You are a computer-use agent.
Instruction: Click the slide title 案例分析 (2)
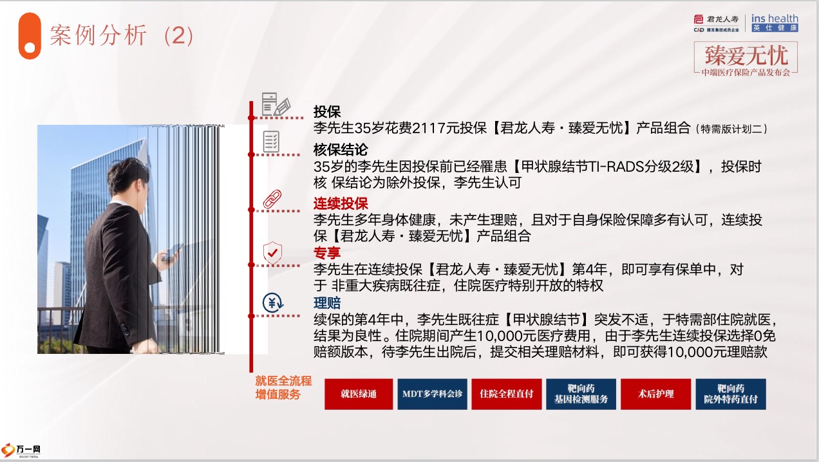pyautogui.click(x=122, y=35)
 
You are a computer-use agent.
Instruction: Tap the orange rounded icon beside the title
pyautogui.click(x=30, y=36)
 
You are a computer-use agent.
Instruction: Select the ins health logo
pyautogui.click(x=775, y=23)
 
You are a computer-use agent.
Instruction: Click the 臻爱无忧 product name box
pyautogui.click(x=746, y=59)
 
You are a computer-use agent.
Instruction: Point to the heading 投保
pyautogui.click(x=327, y=112)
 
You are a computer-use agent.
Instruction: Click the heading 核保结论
pyautogui.click(x=341, y=150)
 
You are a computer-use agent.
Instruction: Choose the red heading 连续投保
pyautogui.click(x=341, y=203)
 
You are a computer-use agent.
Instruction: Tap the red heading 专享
pyautogui.click(x=327, y=253)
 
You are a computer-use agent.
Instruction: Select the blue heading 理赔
pyautogui.click(x=327, y=303)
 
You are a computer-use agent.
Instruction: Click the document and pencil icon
pyautogui.click(x=276, y=104)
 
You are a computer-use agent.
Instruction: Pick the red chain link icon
pyautogui.click(x=272, y=199)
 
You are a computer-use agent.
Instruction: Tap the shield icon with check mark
pyautogui.click(x=272, y=253)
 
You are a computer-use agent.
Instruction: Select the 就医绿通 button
pyautogui.click(x=359, y=394)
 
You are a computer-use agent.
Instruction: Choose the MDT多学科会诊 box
pyautogui.click(x=433, y=394)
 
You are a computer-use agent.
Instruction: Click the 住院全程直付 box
pyautogui.click(x=506, y=394)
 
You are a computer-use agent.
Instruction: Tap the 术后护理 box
pyautogui.click(x=656, y=394)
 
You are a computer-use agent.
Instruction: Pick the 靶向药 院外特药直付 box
pyautogui.click(x=731, y=394)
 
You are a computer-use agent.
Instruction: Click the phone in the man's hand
pyautogui.click(x=172, y=252)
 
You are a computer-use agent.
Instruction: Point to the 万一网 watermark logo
pyautogui.click(x=21, y=450)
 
